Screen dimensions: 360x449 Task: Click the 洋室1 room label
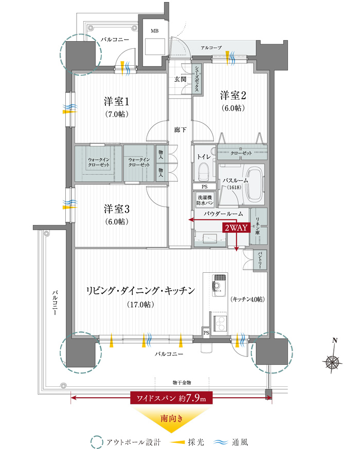(x=116, y=101)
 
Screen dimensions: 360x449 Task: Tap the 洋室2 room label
(x=233, y=96)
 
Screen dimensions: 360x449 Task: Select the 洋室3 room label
(x=117, y=209)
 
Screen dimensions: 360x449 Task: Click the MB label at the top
(x=154, y=31)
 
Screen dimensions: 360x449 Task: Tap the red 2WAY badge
(x=236, y=228)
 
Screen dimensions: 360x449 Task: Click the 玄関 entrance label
(x=181, y=79)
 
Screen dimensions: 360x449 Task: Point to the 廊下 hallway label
(x=180, y=130)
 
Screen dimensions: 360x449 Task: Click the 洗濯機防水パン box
(x=205, y=200)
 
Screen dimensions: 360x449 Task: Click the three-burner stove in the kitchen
(x=220, y=323)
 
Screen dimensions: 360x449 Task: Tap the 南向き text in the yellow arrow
(x=171, y=419)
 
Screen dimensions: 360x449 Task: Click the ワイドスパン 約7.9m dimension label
(x=171, y=398)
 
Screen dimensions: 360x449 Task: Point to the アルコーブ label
(x=211, y=48)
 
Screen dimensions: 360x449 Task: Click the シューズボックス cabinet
(x=197, y=79)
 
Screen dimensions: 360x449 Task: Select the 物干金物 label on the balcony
(x=182, y=382)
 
